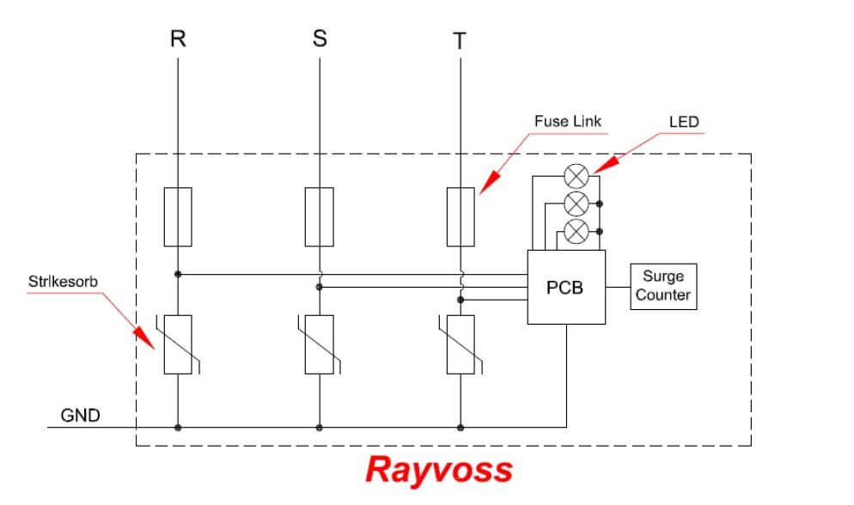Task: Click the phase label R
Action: [178, 40]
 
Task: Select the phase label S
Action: [320, 40]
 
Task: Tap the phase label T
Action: [461, 41]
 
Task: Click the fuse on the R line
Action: [178, 216]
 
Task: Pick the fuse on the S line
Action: [320, 216]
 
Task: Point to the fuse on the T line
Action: [461, 216]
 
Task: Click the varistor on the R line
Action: [178, 344]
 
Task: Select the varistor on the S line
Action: [320, 344]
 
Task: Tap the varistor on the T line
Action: [461, 344]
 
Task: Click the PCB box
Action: [565, 287]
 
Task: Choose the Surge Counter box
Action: [662, 287]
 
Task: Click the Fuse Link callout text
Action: [567, 122]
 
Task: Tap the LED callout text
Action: [684, 122]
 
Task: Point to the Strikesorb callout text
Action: [63, 281]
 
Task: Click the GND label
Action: [80, 417]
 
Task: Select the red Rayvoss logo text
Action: [438, 470]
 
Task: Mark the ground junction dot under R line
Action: [178, 427]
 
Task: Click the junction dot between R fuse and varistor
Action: [178, 275]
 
